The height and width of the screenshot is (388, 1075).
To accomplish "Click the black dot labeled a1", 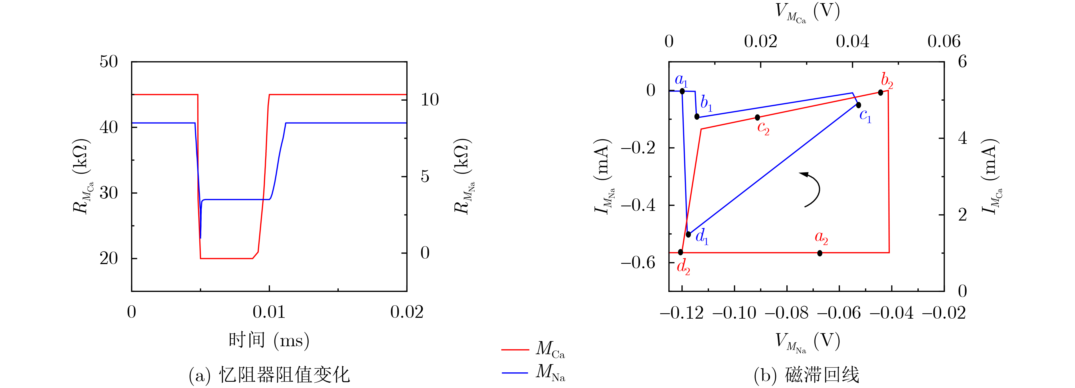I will (x=682, y=91).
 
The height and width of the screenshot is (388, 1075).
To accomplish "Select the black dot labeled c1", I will (x=858, y=105).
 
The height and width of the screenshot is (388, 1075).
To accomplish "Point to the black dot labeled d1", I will (x=689, y=234).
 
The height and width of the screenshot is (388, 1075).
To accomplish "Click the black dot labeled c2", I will (x=757, y=118).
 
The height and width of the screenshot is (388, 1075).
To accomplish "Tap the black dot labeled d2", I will (x=681, y=252).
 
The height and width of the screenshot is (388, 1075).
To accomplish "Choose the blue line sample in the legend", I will (x=515, y=372).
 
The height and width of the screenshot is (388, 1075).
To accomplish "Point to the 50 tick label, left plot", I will (x=109, y=62).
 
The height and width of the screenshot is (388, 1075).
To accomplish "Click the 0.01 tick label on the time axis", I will (x=269, y=312).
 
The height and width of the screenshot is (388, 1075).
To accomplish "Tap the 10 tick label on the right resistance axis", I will (x=429, y=100).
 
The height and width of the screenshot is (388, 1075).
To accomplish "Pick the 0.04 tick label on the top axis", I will (x=852, y=41).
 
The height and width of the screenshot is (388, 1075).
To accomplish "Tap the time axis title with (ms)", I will (x=269, y=341).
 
